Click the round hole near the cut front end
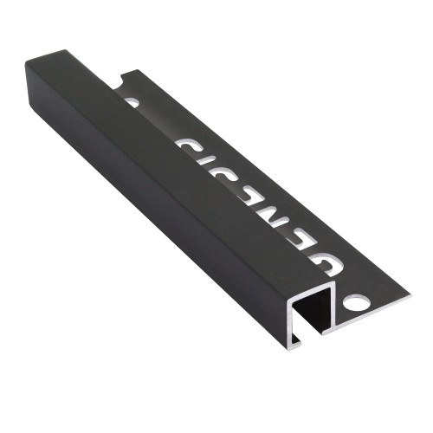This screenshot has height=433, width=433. point(355,304)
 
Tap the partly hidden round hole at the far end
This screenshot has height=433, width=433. point(132,101)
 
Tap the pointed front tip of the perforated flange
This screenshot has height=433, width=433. point(384,305)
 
